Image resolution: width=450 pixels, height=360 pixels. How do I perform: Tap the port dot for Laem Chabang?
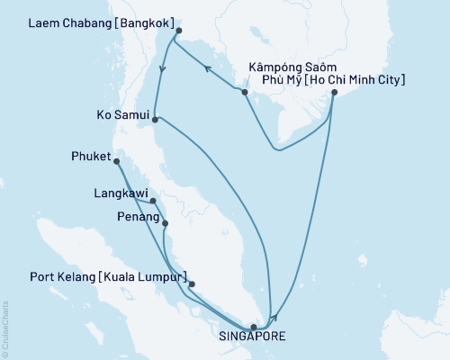178,31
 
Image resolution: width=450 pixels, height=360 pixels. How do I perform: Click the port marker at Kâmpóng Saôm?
245,91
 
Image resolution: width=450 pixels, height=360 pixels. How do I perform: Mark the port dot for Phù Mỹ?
334,93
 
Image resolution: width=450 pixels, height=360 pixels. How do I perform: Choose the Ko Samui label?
121,116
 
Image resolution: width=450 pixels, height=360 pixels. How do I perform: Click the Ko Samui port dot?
156,119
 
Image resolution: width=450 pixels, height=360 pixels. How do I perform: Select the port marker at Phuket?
117,162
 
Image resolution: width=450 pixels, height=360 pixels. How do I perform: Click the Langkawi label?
121,193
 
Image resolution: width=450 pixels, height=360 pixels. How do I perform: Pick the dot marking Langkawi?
154,202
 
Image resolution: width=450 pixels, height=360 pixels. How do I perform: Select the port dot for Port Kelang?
192,284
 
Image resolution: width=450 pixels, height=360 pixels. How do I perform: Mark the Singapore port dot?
254,327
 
